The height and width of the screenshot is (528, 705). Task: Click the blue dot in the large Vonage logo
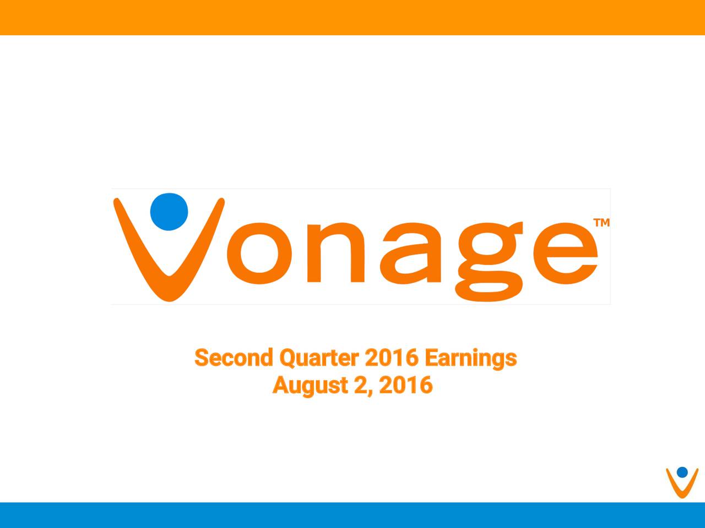[169, 211]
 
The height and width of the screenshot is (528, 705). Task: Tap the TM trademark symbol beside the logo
[601, 223]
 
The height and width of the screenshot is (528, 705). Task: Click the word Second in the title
[234, 358]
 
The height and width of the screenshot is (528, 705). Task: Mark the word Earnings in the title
[470, 358]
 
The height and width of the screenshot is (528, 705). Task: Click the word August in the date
[310, 386]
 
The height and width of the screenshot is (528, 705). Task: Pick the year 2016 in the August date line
[406, 385]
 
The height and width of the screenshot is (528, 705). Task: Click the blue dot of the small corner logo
[682, 472]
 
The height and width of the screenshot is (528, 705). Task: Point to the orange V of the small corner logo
[682, 487]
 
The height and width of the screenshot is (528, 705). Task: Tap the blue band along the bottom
[352, 515]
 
